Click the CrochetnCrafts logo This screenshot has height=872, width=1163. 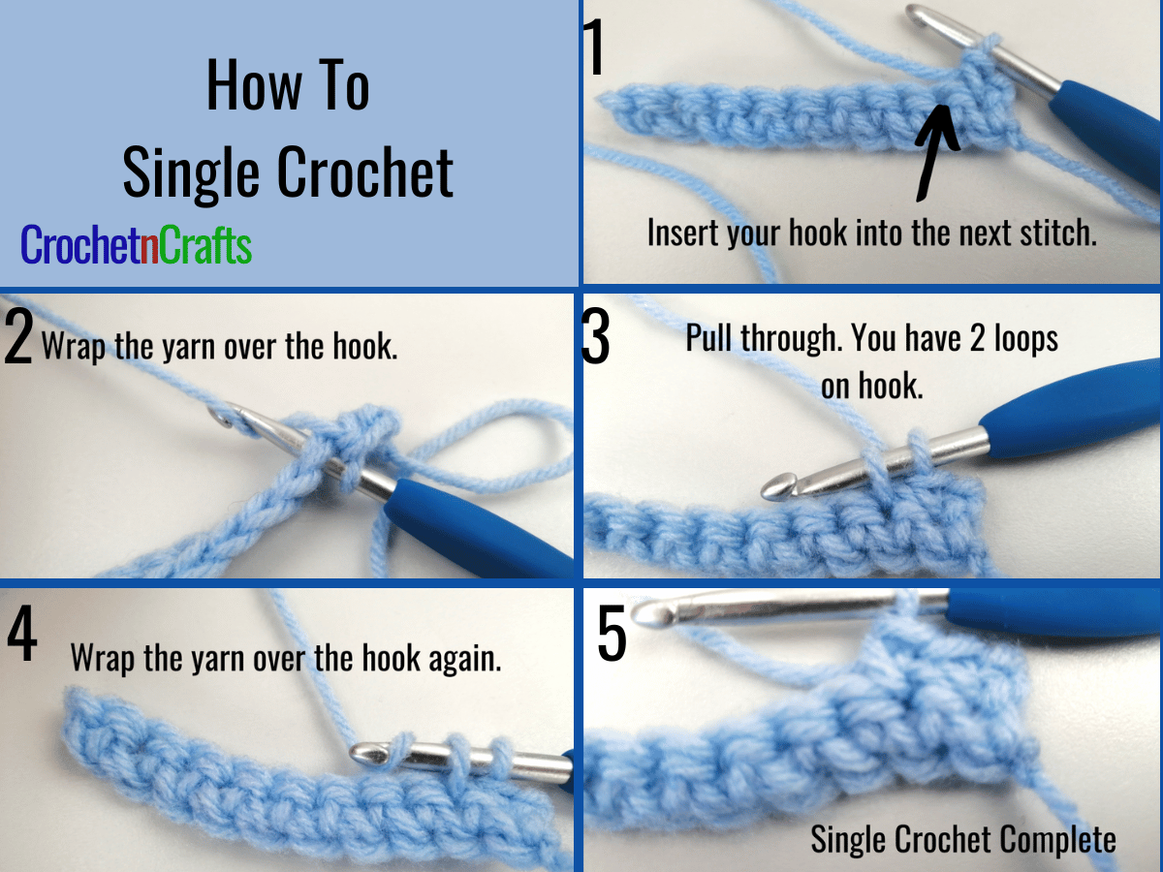click(x=137, y=244)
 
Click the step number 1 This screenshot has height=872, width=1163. click(x=594, y=47)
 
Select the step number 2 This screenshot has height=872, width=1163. click(x=18, y=337)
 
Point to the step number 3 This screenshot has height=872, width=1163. click(x=595, y=336)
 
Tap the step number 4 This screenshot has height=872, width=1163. click(x=22, y=634)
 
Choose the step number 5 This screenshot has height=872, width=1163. click(x=612, y=634)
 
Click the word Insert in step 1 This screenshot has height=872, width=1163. click(x=684, y=233)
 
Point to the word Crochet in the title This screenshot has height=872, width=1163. click(x=365, y=172)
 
